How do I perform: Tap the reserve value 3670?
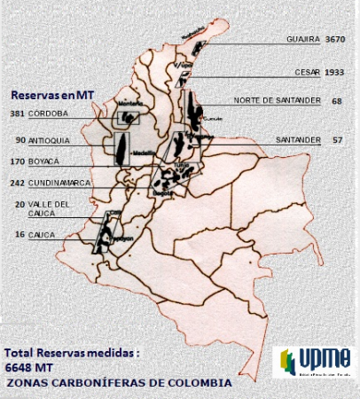(336, 40)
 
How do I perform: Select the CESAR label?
(307, 72)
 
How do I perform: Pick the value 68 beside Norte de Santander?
(337, 101)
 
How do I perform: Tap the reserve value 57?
(337, 140)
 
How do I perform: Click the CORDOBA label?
(49, 114)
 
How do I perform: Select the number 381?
(18, 114)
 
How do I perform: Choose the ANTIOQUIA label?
(51, 139)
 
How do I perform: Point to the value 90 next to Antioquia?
(20, 139)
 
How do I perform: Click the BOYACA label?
(44, 161)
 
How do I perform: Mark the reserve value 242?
(18, 183)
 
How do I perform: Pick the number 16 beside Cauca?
(20, 235)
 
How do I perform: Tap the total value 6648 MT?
(28, 366)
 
